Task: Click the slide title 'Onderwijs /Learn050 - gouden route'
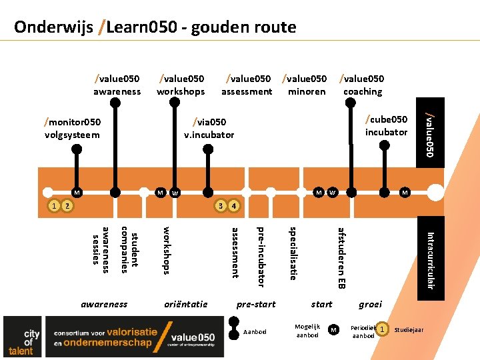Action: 155,27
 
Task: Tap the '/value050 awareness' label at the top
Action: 117,85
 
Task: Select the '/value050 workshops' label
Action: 181,85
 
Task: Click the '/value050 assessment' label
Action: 247,85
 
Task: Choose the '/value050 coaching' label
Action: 362,85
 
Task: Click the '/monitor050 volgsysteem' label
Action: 72,128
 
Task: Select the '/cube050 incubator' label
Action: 386,125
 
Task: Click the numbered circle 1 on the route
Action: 54,205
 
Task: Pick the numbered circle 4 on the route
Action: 233,205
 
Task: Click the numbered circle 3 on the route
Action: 220,205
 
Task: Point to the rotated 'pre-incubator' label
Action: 261,257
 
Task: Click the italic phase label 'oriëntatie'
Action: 185,304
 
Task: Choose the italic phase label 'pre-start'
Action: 256,304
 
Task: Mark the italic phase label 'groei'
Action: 370,304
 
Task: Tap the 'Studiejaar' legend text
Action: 409,330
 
